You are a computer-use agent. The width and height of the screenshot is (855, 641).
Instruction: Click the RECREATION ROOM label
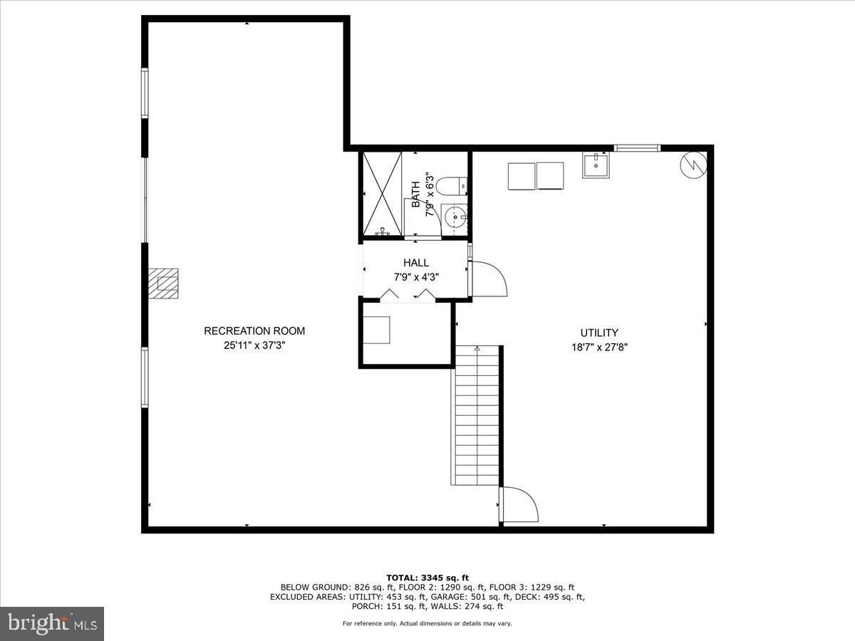[x=254, y=330]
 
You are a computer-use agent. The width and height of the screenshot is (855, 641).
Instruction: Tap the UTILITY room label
[x=598, y=333]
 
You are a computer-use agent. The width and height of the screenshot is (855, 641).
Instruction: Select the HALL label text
[x=416, y=263]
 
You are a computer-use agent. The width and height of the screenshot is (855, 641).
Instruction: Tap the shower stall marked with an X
[x=383, y=192]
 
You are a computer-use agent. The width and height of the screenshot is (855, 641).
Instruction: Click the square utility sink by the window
[x=595, y=165]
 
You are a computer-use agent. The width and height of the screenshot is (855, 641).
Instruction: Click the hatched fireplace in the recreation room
[x=164, y=283]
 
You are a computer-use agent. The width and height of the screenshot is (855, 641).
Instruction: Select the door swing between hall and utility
[x=488, y=278]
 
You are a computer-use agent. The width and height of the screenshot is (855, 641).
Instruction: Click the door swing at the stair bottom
[x=519, y=504]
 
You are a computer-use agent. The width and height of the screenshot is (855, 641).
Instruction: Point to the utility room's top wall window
[x=637, y=148]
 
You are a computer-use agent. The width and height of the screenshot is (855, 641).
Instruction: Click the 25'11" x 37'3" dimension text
[x=254, y=345]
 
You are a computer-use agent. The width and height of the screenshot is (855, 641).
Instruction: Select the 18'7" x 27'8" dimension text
[x=598, y=348]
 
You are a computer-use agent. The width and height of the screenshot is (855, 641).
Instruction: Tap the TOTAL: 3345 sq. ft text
[x=427, y=578]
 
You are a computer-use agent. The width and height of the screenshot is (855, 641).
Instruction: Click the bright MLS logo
[x=52, y=624]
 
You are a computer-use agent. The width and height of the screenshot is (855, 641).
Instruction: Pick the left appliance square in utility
[x=522, y=176]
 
